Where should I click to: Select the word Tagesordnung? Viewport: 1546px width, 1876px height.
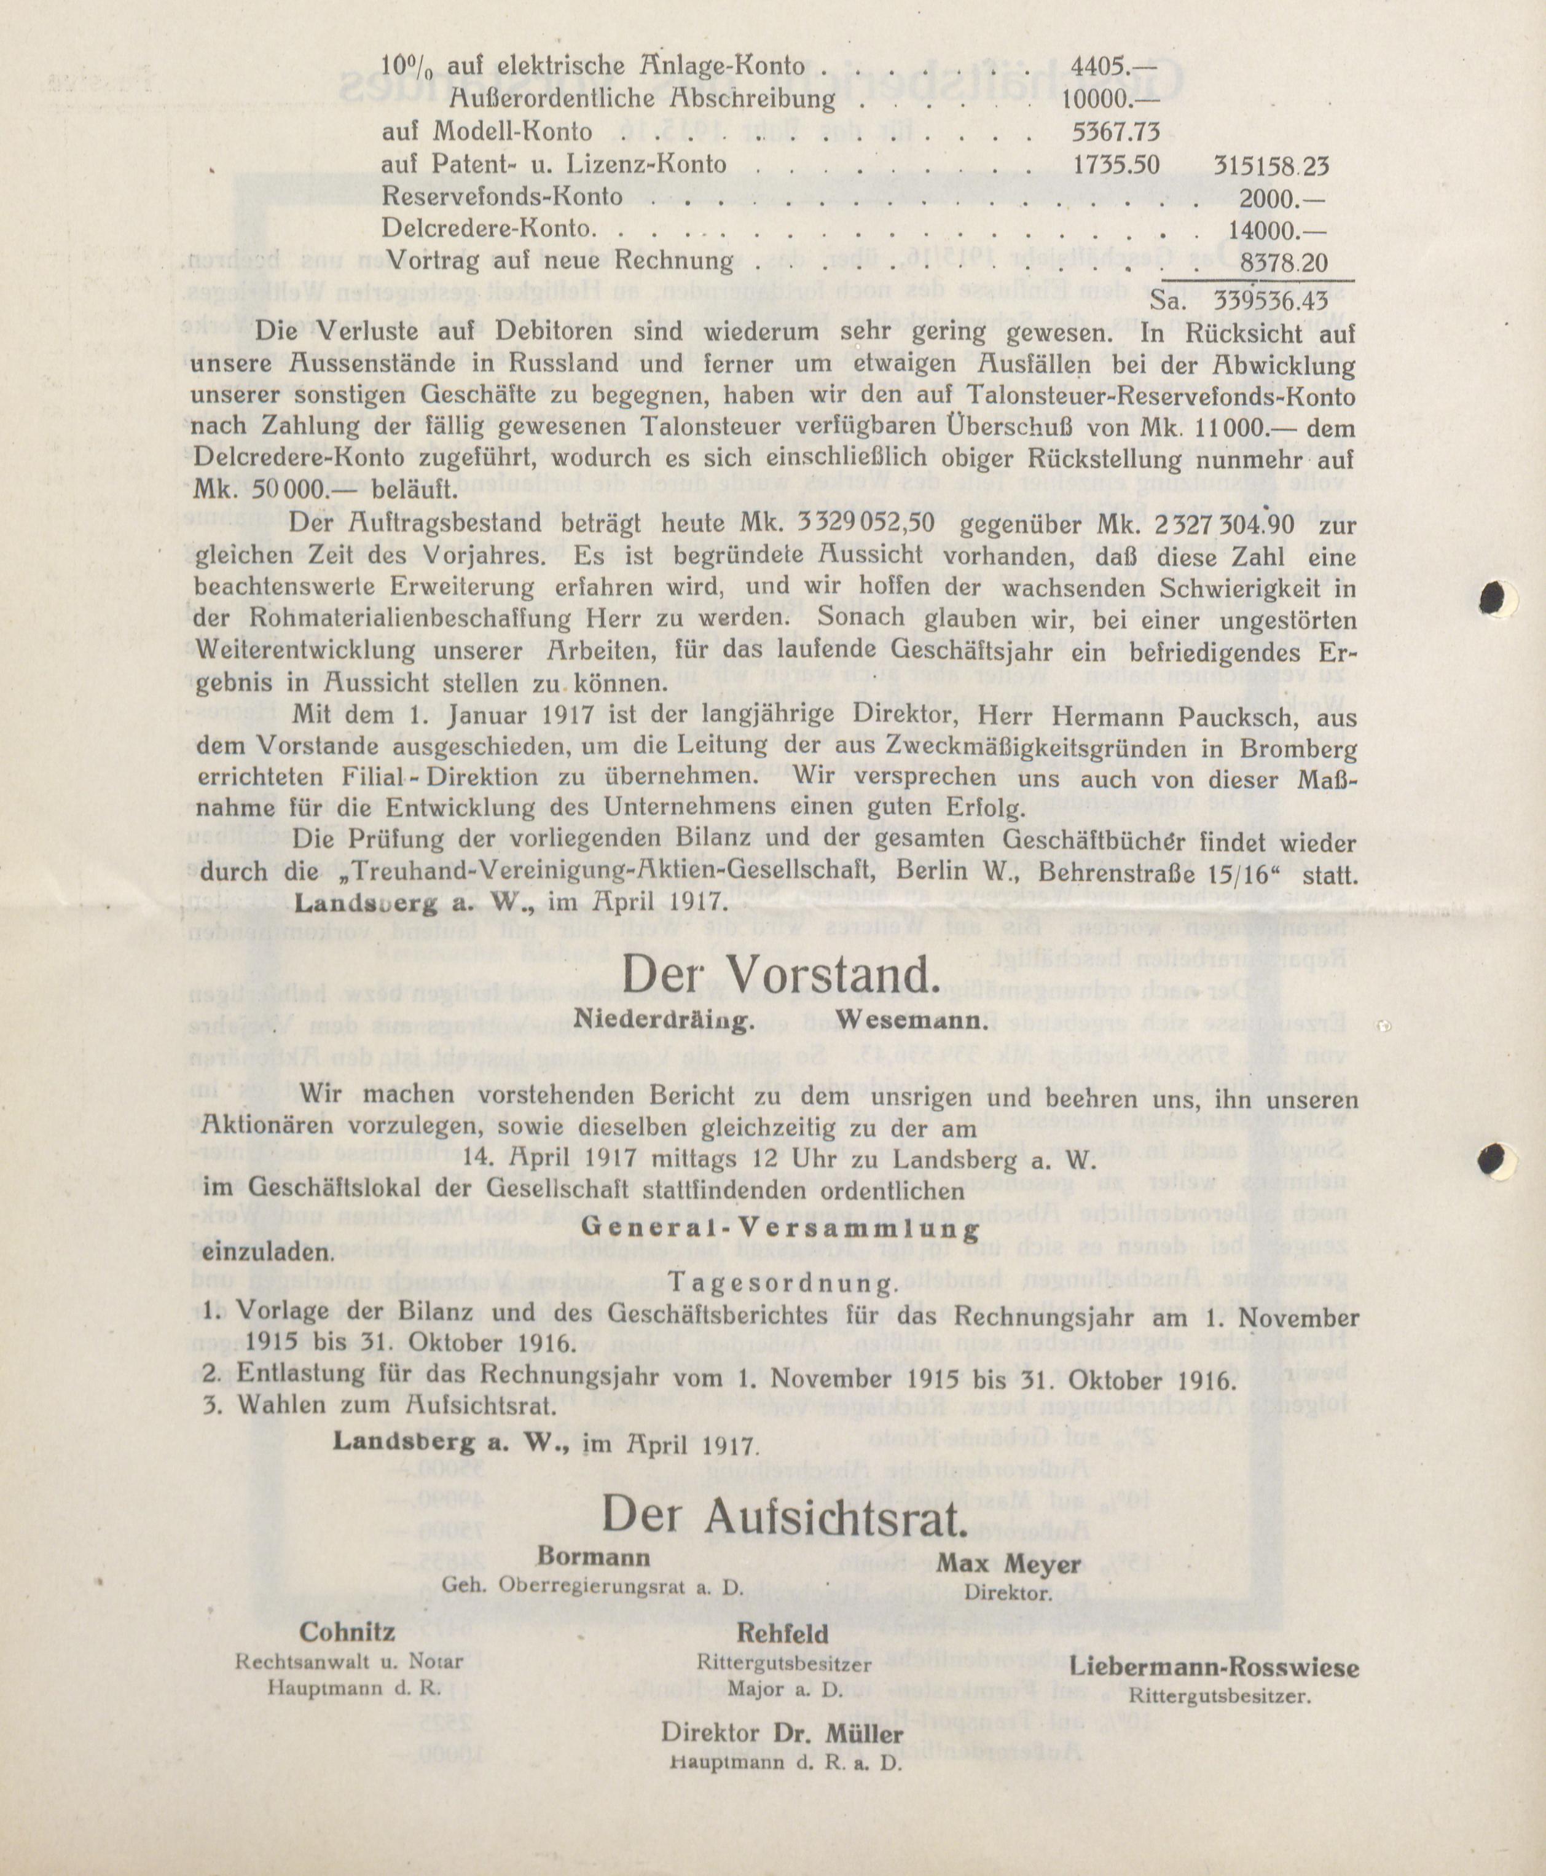pyautogui.click(x=780, y=1283)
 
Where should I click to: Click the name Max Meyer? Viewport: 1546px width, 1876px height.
pyautogui.click(x=1008, y=1564)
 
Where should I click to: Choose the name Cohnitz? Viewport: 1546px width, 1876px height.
pyautogui.click(x=347, y=1632)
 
